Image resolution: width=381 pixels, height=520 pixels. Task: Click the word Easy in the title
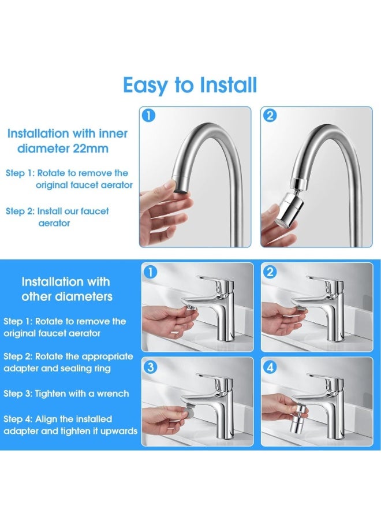coord(146,86)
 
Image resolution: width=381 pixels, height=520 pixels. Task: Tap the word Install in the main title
coord(228,86)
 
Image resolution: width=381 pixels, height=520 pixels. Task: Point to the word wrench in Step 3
coord(110,393)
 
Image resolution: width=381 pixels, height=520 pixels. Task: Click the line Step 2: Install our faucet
coord(57,211)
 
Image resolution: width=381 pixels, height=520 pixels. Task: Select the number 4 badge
coord(270,366)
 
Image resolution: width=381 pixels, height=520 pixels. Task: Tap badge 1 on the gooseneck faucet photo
coord(149,115)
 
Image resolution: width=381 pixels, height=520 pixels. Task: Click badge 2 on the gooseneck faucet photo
coord(270,115)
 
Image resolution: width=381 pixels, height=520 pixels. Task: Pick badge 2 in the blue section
coord(270,272)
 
